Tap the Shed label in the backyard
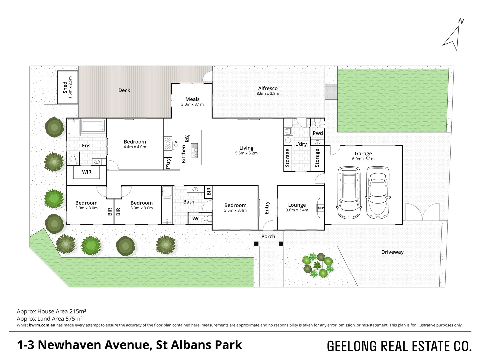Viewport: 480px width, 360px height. pos(65,87)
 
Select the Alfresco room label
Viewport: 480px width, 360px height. pos(268,88)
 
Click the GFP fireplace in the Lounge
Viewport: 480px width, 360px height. pos(321,208)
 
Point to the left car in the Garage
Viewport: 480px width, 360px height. pos(349,192)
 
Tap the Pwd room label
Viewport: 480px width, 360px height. pos(318,133)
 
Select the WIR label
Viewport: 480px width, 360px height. pos(87,172)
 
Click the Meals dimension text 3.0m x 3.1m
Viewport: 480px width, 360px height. pos(192,104)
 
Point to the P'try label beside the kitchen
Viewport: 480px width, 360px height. pos(168,163)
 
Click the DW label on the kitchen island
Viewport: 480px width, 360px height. pos(186,138)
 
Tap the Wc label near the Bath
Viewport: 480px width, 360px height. pos(196,218)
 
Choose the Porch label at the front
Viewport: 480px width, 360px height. pos(268,236)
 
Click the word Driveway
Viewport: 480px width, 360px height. pos(392,252)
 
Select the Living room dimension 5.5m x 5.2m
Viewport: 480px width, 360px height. pos(246,153)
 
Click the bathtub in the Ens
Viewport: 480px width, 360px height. pos(93,126)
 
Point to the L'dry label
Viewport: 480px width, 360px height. pos(301,144)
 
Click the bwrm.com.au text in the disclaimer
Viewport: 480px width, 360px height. pos(42,325)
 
